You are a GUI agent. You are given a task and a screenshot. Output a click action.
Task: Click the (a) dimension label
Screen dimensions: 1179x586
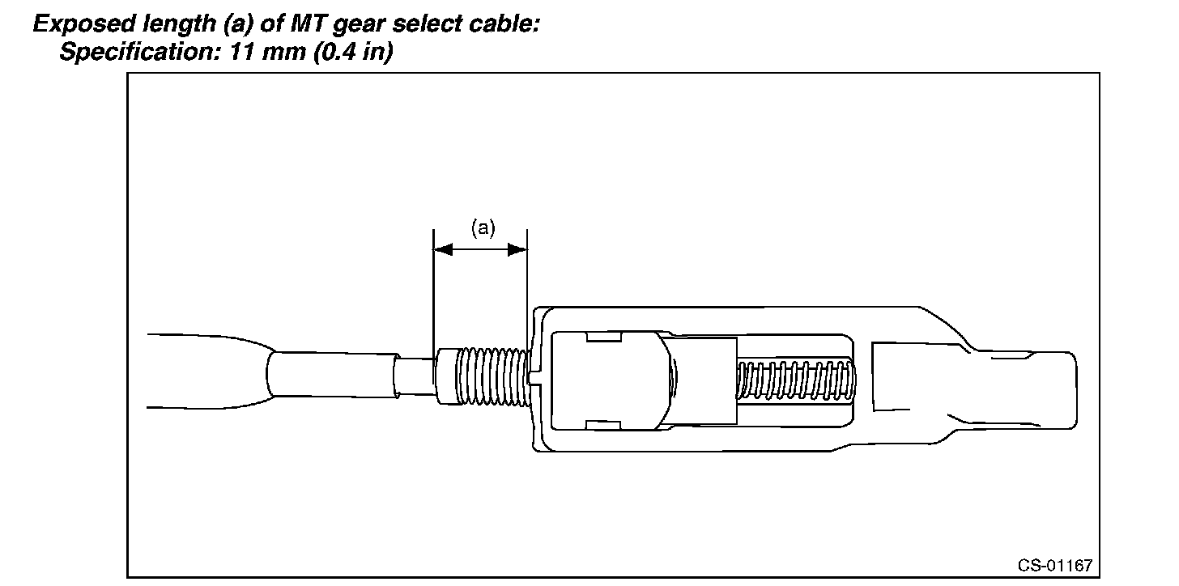tap(483, 229)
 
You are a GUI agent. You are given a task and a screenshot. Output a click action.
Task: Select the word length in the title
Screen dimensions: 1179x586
tap(158, 24)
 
